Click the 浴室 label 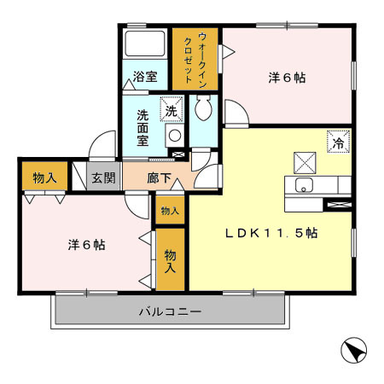coord(145,77)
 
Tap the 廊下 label coord(159,178)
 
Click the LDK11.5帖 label coord(271,232)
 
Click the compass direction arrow coord(353,351)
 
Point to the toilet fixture coord(203,108)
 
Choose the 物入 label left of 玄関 coord(44,178)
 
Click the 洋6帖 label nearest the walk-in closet coord(287,78)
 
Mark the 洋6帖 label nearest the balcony coord(86,244)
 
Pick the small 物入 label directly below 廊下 coord(169,211)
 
